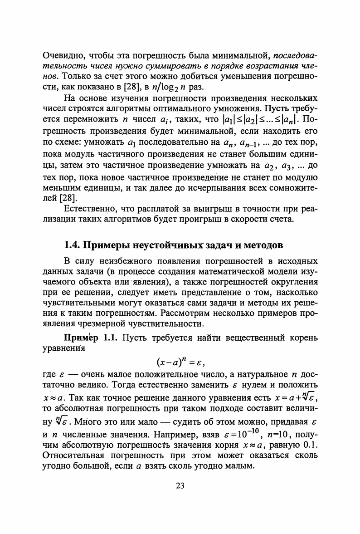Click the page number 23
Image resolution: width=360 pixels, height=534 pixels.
pyautogui.click(x=180, y=486)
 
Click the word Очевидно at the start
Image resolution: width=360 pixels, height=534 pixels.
pyautogui.click(x=62, y=57)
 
